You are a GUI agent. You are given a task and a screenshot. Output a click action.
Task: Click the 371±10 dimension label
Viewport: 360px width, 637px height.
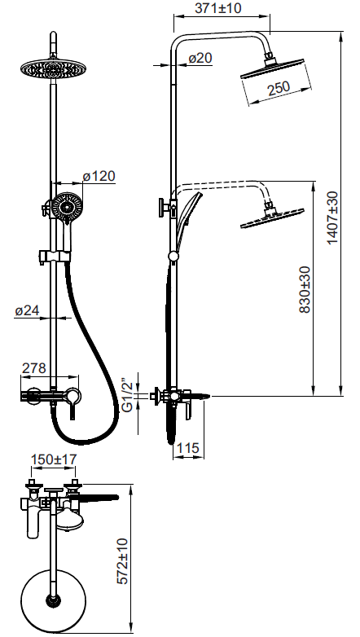[217, 8]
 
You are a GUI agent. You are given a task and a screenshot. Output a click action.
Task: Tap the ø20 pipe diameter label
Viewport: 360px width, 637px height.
[200, 59]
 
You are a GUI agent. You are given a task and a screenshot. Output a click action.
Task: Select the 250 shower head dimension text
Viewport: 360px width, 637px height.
[278, 88]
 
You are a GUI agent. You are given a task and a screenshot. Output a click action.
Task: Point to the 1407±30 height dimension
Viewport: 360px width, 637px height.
[332, 217]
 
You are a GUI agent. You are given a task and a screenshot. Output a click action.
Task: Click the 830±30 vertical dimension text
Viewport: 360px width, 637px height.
[305, 289]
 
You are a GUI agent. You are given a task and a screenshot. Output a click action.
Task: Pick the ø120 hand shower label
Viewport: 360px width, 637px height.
[99, 176]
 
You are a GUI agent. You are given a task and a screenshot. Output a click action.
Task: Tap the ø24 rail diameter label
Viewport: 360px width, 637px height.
[27, 311]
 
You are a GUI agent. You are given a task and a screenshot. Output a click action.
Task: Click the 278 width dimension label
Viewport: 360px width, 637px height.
[33, 368]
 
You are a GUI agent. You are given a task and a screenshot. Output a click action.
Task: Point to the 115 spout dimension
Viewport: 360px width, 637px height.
[188, 448]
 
